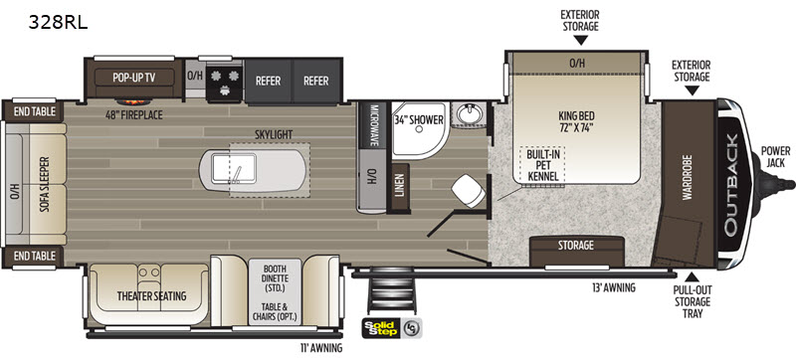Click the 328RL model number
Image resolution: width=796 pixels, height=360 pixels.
point(58,23)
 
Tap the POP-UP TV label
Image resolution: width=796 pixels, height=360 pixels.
point(133,79)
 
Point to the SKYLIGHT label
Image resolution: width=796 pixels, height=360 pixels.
point(275,134)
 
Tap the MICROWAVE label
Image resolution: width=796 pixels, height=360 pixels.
point(374,125)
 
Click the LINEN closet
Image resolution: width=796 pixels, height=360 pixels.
point(400,187)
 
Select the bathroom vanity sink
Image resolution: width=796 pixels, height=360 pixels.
point(469,113)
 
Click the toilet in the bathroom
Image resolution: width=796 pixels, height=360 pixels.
point(469,191)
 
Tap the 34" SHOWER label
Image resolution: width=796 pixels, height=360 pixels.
point(419,119)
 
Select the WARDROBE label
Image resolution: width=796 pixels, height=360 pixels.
point(688,177)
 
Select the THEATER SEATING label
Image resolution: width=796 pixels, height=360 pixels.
point(151,295)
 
